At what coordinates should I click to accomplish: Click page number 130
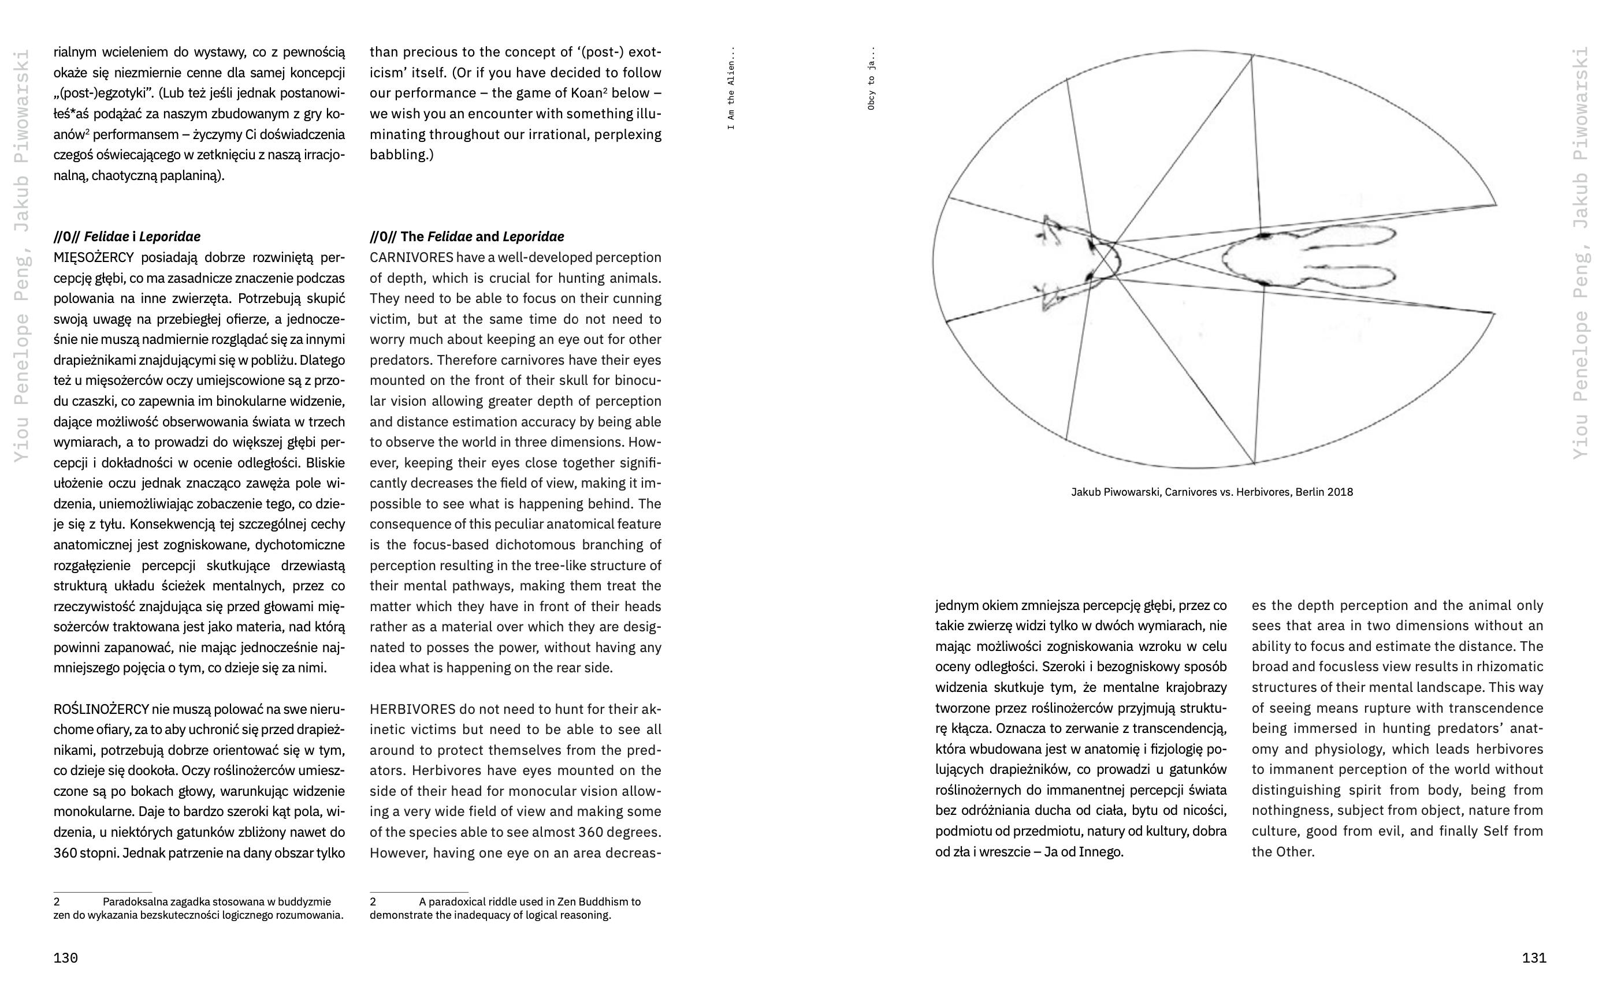point(65,958)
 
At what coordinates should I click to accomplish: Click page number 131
point(1534,958)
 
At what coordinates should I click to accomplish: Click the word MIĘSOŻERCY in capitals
point(94,257)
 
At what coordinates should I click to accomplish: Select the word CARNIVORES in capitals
point(411,257)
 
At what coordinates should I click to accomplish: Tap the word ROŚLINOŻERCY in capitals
point(101,709)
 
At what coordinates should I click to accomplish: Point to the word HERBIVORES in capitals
point(412,709)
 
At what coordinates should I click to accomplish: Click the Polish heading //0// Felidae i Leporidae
point(127,237)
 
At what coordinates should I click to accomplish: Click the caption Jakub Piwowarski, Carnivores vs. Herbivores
point(1211,492)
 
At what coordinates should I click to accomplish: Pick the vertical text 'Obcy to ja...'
point(871,78)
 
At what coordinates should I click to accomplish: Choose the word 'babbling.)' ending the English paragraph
point(402,155)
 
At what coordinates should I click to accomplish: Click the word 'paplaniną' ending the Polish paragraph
point(193,176)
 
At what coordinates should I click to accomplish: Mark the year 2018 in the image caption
point(1340,492)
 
